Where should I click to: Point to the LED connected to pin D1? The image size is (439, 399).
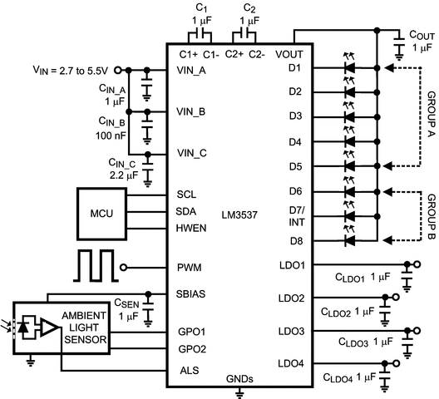click(350, 67)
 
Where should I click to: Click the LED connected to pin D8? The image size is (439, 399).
click(350, 241)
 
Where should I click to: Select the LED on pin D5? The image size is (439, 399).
click(350, 166)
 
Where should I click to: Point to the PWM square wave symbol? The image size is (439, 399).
click(96, 266)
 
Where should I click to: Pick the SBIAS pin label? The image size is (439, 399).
click(192, 293)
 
